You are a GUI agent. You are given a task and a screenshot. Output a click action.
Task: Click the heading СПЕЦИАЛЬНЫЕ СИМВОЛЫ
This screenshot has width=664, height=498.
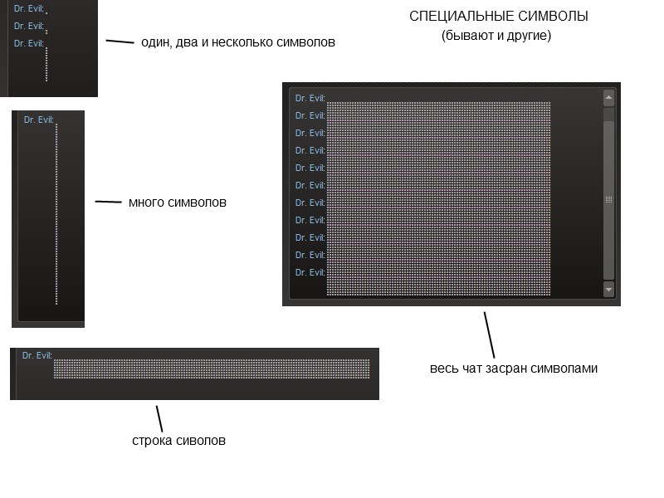pyautogui.click(x=499, y=17)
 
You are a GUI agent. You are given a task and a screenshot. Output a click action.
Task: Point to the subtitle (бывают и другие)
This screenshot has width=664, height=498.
pyautogui.click(x=496, y=36)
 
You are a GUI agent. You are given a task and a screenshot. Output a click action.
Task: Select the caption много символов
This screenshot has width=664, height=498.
pyautogui.click(x=178, y=203)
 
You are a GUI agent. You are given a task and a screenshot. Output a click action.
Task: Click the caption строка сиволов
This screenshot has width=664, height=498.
pyautogui.click(x=178, y=441)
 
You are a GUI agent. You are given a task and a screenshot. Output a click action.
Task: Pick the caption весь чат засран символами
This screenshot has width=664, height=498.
pyautogui.click(x=514, y=369)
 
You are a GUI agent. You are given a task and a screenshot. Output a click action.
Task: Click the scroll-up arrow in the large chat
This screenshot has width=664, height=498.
pyautogui.click(x=608, y=98)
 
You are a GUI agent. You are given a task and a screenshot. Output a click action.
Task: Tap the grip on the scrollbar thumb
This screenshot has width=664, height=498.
pyautogui.click(x=608, y=199)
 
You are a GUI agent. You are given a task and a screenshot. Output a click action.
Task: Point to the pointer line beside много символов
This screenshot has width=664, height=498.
pyautogui.click(x=109, y=202)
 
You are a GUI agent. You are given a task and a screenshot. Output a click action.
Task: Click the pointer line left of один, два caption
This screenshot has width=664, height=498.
pyautogui.click(x=120, y=41)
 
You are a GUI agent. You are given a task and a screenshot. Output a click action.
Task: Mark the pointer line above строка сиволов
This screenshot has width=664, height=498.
pyautogui.click(x=159, y=418)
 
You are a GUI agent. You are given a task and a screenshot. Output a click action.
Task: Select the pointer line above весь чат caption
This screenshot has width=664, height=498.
pyautogui.click(x=490, y=334)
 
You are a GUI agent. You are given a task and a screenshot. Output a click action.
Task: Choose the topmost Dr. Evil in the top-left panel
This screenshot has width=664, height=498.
pyautogui.click(x=29, y=8)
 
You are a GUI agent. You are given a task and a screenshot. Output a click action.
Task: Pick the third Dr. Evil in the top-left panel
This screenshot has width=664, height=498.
pyautogui.click(x=29, y=43)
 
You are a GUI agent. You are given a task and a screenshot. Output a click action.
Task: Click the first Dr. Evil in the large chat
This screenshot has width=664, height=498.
pyautogui.click(x=310, y=98)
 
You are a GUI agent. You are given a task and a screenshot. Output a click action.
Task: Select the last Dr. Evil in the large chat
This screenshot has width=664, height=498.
pyautogui.click(x=310, y=272)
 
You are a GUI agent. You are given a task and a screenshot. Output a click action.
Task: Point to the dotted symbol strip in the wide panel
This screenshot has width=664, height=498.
pyautogui.click(x=212, y=369)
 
